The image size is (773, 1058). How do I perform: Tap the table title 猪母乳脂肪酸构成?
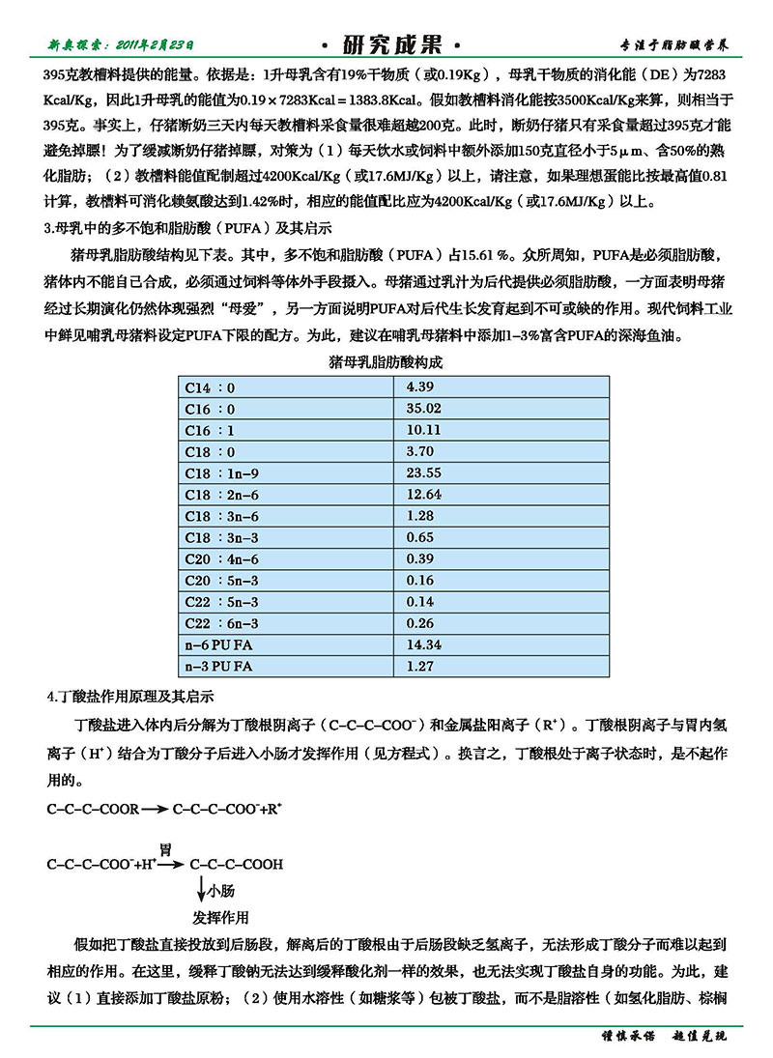(x=386, y=363)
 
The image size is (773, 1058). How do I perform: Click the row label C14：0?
(x=211, y=387)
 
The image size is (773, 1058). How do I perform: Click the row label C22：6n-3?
(x=222, y=623)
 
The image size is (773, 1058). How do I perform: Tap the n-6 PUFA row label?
(x=219, y=644)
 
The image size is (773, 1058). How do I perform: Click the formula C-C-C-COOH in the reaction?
(x=237, y=865)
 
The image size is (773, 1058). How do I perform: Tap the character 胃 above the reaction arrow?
(x=165, y=849)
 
